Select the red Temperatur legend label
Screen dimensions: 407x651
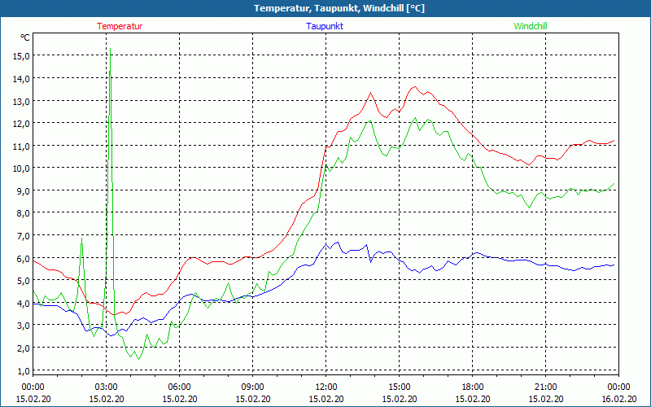120,26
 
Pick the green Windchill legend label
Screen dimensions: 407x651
531,26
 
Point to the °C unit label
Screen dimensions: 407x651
25,37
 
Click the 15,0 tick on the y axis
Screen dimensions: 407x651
21,55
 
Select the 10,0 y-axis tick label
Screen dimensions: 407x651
21,168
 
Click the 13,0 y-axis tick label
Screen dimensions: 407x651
21,100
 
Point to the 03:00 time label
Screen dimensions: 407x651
106,387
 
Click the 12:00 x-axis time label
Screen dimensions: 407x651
325,387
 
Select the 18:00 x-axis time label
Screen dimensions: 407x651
472,387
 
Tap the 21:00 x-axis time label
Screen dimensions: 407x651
545,387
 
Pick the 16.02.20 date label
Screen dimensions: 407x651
618,398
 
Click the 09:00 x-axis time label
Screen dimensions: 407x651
252,387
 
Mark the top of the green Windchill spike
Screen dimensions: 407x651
110,72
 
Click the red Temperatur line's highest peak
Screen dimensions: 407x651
415,86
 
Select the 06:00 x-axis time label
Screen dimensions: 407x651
179,387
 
